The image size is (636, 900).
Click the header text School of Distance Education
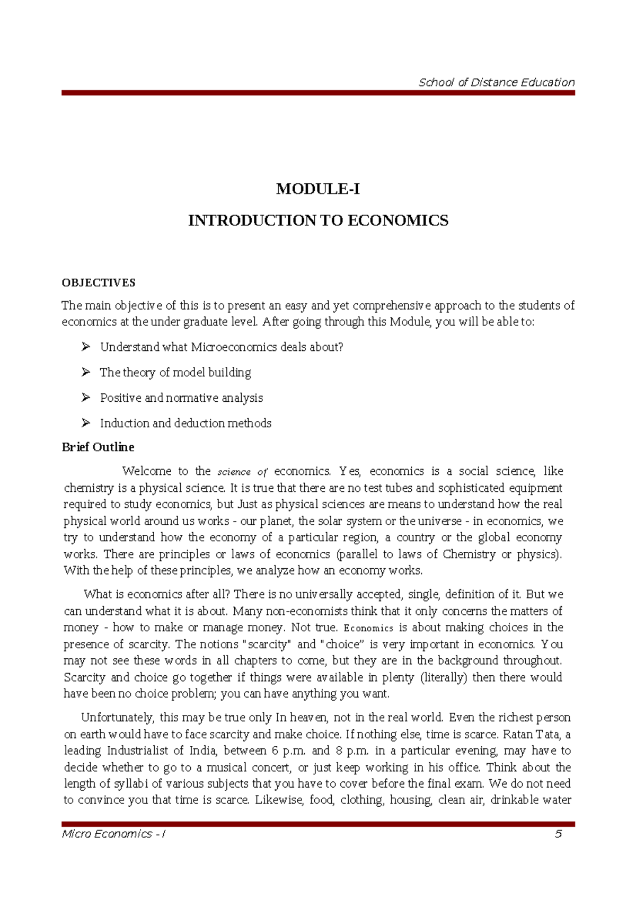click(x=496, y=82)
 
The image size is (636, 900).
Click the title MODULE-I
click(x=318, y=189)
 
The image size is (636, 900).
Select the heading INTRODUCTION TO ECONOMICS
click(x=318, y=220)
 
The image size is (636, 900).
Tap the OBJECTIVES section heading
click(x=99, y=283)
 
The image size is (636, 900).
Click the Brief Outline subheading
click(x=98, y=447)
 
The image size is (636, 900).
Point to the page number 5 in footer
click(x=558, y=834)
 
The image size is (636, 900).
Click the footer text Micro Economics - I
click(x=114, y=834)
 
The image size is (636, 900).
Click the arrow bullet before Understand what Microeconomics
click(x=86, y=347)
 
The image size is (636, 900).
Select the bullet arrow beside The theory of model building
click(x=86, y=373)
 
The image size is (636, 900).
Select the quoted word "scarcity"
click(x=266, y=645)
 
